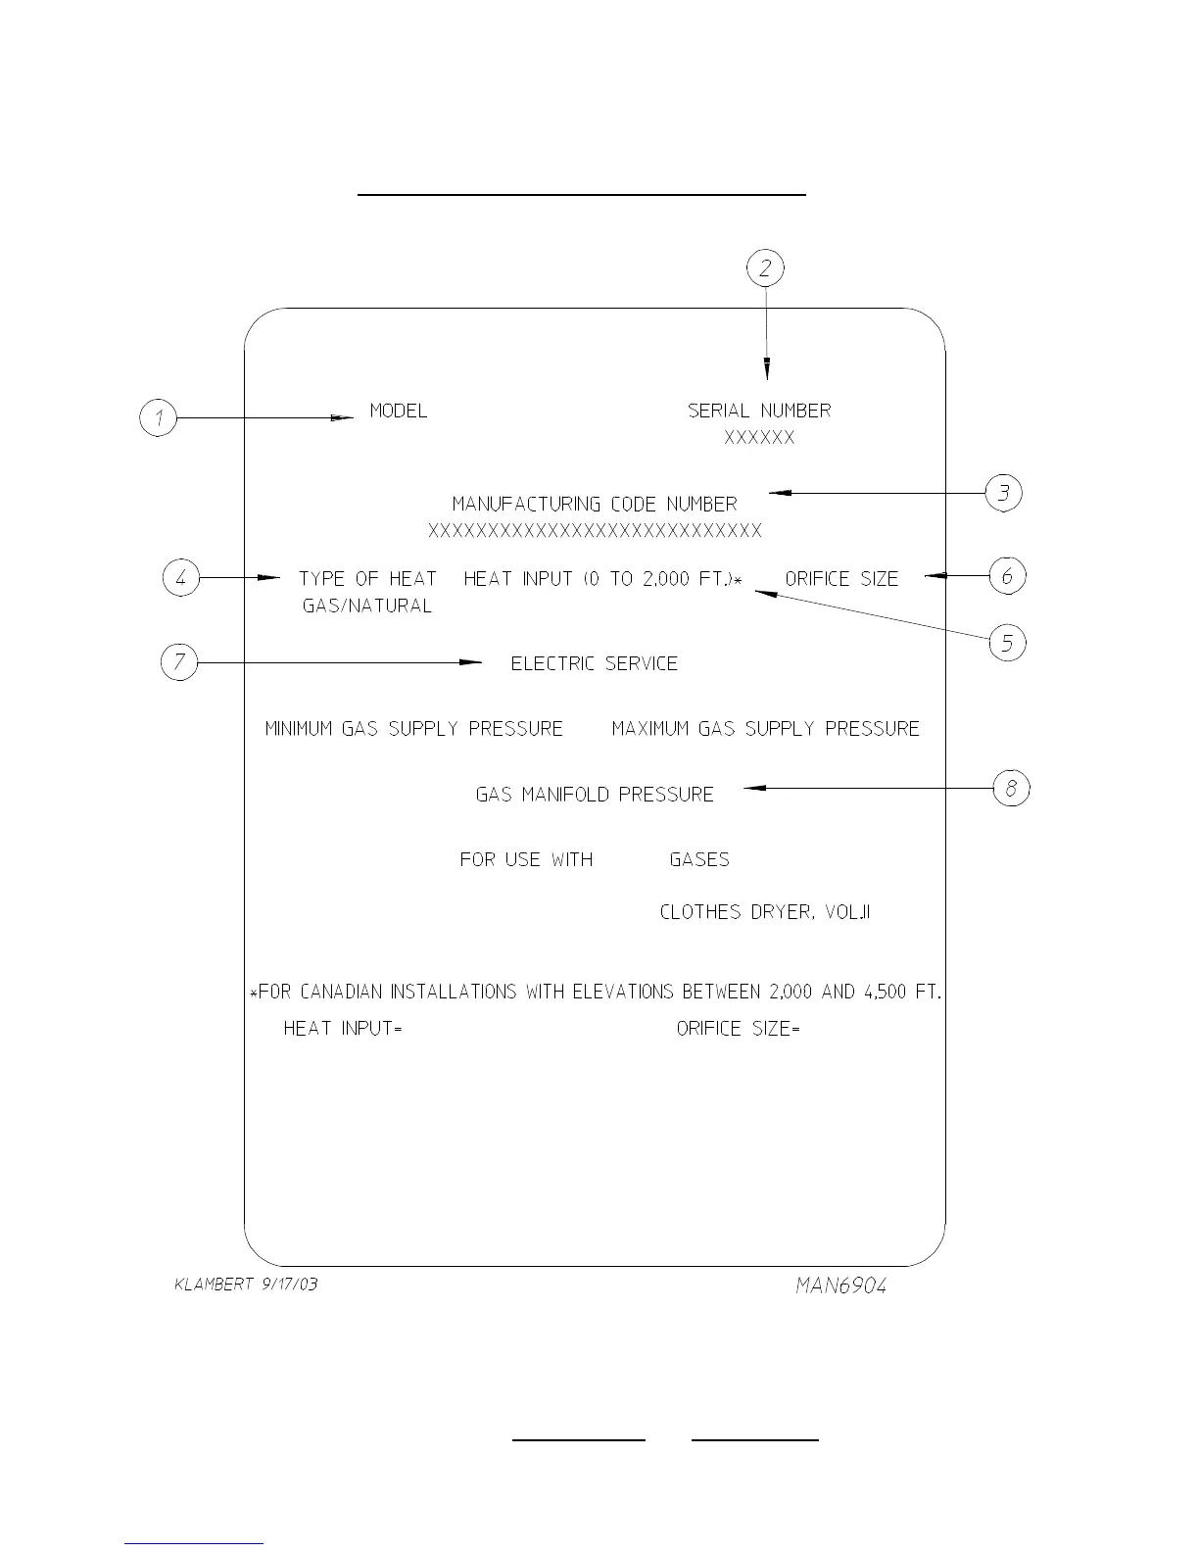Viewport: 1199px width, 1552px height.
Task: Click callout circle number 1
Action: (158, 418)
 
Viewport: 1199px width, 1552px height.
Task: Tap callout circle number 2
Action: (766, 267)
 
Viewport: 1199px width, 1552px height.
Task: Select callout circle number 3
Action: (1003, 492)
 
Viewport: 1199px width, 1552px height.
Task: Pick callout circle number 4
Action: (180, 578)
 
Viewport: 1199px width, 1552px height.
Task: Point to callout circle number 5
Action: (1007, 644)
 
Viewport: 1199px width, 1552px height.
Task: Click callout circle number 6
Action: (1007, 576)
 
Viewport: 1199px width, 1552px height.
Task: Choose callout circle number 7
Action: (178, 663)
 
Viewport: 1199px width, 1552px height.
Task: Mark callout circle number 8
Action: (1011, 788)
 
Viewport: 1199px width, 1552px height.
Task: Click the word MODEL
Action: (398, 411)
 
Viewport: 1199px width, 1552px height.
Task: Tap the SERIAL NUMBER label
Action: (759, 411)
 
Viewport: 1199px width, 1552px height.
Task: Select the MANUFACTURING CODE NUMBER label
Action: (595, 505)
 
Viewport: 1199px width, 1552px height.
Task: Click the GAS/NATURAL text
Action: (367, 606)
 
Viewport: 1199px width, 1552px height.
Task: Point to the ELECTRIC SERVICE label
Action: (595, 663)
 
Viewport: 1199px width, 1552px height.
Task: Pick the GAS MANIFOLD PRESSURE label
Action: (595, 795)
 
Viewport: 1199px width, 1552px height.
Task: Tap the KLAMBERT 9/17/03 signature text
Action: (246, 1285)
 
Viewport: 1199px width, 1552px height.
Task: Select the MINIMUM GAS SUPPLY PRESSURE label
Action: (414, 729)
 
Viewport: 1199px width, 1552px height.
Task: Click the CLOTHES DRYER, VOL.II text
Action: (765, 912)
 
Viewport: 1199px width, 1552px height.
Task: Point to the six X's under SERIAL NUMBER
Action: (759, 438)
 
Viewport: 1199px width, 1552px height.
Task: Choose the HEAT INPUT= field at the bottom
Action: (343, 1029)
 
